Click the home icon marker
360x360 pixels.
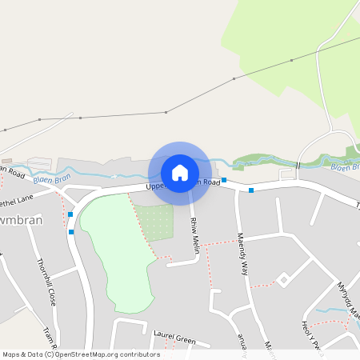tap(180, 172)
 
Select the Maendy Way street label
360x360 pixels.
tap(242, 254)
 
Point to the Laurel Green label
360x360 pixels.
tap(174, 338)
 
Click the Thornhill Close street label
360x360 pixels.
tap(46, 282)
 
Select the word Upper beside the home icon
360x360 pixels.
tap(155, 186)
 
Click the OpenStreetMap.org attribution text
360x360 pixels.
tap(104, 354)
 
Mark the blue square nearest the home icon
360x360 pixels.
tap(224, 180)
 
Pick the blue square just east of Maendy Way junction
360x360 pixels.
tap(251, 190)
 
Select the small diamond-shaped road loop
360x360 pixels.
tap(282, 279)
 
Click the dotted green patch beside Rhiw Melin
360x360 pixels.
tap(154, 222)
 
